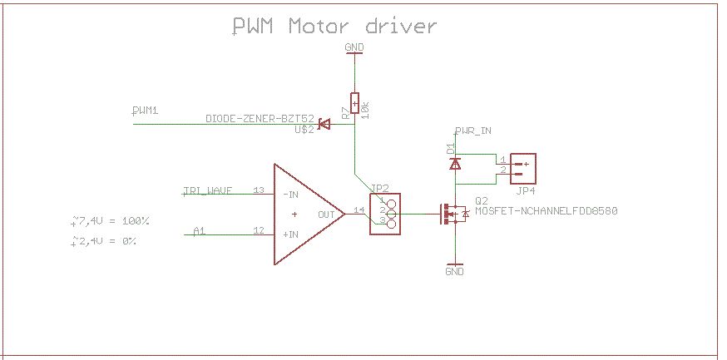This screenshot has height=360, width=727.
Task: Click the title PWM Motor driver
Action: pos(334,27)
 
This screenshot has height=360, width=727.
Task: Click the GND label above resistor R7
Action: pos(354,48)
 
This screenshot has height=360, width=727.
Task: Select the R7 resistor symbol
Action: pos(354,103)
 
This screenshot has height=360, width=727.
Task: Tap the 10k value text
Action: pos(366,104)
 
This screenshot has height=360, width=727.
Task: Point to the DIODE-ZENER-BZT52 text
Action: pos(260,119)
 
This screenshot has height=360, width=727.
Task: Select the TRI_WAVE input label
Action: pos(208,190)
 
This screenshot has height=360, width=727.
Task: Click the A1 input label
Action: pos(199,230)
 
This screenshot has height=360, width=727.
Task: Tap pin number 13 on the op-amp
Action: pos(259,191)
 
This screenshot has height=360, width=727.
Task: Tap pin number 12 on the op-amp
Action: pos(259,230)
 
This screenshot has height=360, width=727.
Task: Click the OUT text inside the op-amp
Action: pos(325,214)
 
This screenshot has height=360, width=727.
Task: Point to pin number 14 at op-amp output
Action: pos(359,210)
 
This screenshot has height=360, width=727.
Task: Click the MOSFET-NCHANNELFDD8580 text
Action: pos(546,211)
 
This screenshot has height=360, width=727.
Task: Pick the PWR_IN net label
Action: pos(473,131)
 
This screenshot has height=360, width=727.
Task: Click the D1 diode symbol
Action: pos(454,164)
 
